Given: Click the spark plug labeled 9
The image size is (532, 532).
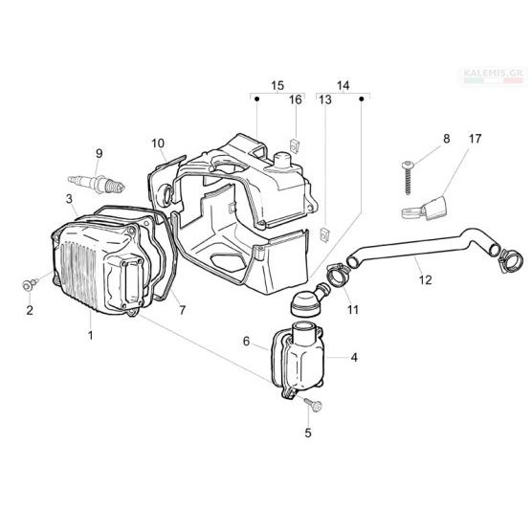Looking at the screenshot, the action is pos(97,183).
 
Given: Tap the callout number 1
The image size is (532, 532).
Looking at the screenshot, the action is pos(90,335).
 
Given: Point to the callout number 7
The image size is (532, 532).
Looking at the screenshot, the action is pos(182,310).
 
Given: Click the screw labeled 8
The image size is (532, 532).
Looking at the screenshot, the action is pos(408,177).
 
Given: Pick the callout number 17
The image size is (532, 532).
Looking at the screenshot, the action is pos(475,139).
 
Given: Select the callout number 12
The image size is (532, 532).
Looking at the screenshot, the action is pos(425,280).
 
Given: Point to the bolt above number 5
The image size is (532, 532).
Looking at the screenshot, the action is pos(314,405).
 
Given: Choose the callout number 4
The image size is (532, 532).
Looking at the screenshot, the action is pos(354,357).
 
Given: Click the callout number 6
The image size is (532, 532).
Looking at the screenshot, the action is pos(247,341).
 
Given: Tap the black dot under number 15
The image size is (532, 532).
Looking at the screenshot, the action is pos(256,99).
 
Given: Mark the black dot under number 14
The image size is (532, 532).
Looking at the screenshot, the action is pos(362,99).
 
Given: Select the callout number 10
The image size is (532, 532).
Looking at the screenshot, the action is pos(158,144).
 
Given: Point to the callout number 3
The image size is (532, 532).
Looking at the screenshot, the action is pos(69,199).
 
